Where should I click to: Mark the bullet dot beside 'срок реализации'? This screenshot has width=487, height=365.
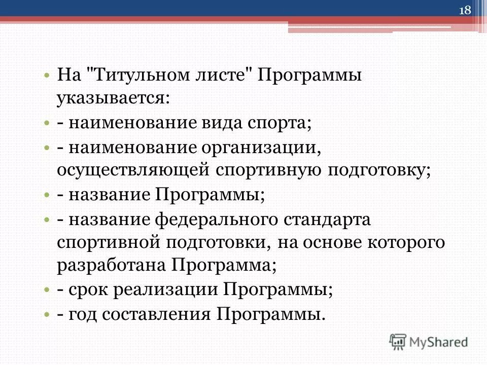[x=47, y=290]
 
